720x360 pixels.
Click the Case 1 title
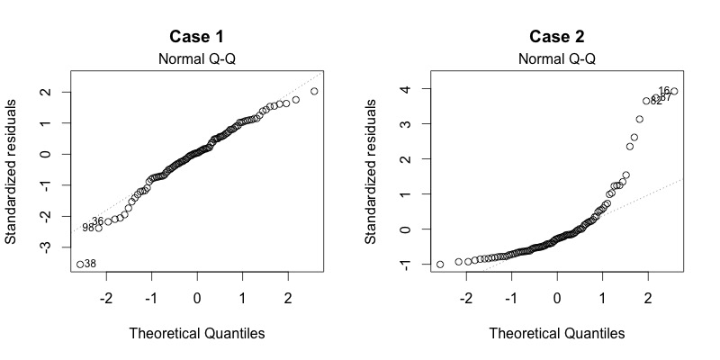coord(197,37)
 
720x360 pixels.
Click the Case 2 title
coord(557,37)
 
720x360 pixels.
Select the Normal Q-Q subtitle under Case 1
coord(197,59)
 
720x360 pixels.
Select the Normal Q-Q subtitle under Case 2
coord(557,59)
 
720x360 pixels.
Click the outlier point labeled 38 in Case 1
coord(80,264)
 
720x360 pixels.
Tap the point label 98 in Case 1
coord(87,229)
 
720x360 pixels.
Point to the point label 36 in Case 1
coord(97,221)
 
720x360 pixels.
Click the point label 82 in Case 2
coord(655,101)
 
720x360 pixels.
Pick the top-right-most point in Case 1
coord(314,91)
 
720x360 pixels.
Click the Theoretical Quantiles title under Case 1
coord(197,333)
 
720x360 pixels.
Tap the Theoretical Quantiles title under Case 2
coord(557,333)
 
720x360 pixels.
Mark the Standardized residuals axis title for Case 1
coord(13,171)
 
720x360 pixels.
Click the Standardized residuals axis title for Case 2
coord(373,171)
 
